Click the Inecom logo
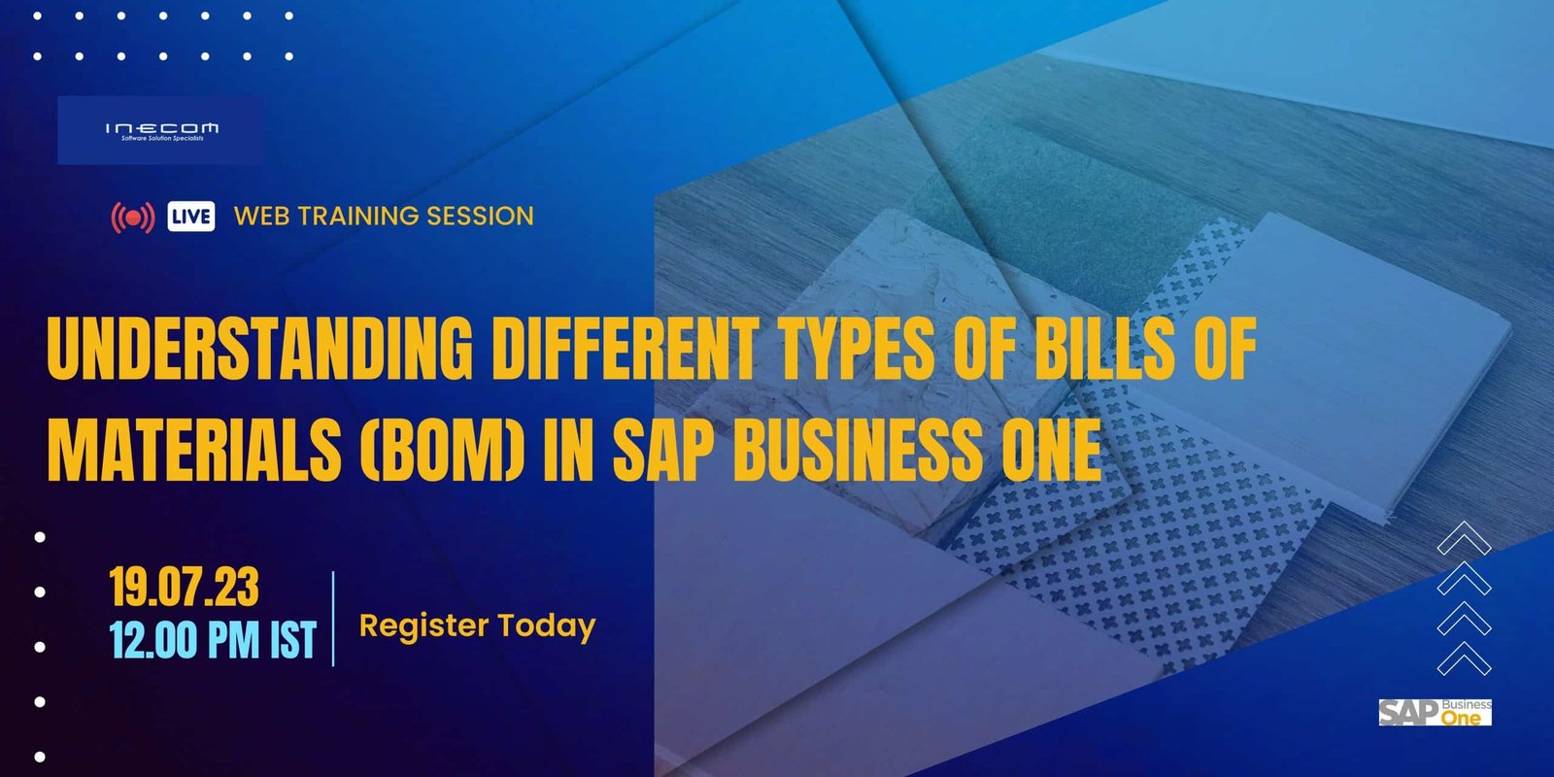coord(161,130)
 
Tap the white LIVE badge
coord(190,217)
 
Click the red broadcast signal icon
coord(133,218)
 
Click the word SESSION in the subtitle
coord(480,216)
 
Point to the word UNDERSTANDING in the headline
coord(259,349)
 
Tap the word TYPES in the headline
coord(856,349)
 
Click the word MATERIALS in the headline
coord(193,450)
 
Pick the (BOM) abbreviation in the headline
coord(442,450)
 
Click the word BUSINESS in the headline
coord(858,450)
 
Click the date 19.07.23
coord(184,587)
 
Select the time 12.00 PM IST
coord(213,639)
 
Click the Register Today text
coord(477,626)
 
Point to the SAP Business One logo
coord(1435,713)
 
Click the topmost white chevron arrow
coord(1464,538)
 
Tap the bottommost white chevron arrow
coord(1464,659)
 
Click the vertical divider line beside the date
coord(334,619)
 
